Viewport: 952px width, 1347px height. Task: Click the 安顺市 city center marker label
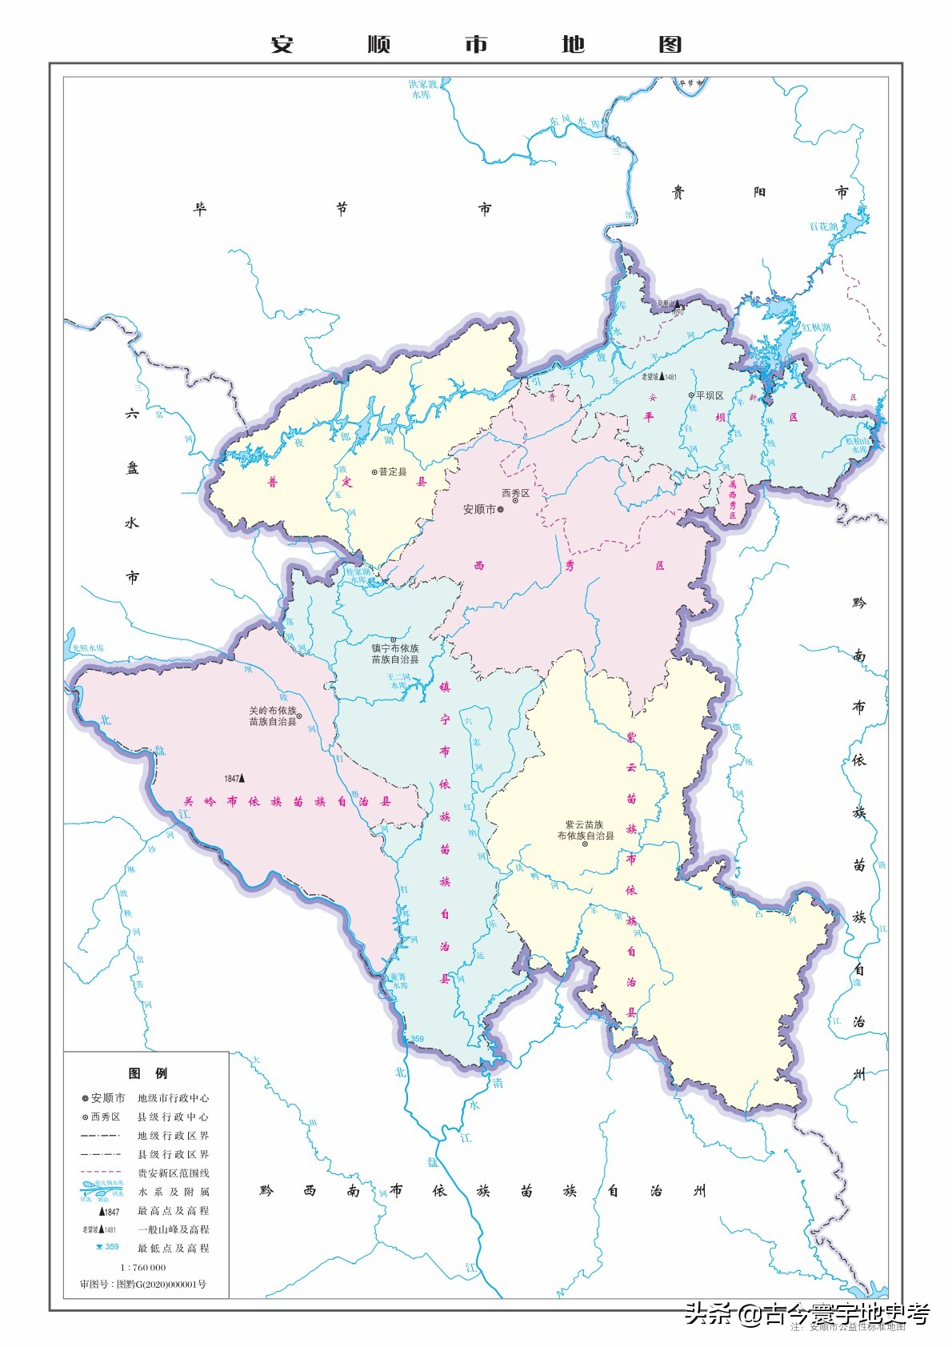[480, 510]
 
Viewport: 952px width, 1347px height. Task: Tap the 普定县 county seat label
[392, 472]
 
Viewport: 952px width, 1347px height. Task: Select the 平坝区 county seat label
[709, 395]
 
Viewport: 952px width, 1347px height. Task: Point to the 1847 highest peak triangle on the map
[242, 777]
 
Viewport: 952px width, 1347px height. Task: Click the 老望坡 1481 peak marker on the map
[662, 377]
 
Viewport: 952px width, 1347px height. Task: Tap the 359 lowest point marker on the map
[416, 1040]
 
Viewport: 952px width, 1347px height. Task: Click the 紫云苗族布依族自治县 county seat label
[586, 830]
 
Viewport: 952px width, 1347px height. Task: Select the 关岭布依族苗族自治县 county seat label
[273, 716]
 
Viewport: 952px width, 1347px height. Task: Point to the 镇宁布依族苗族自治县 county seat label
[394, 654]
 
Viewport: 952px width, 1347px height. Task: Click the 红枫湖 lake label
[816, 327]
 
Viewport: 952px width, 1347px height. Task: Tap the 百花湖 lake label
[822, 227]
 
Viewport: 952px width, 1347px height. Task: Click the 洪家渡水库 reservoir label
[423, 89]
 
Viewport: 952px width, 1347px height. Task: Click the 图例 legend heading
[147, 1072]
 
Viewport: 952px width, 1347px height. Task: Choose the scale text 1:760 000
[143, 1267]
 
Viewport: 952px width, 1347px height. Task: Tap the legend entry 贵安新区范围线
[173, 1173]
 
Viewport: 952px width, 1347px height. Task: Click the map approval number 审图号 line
[142, 1284]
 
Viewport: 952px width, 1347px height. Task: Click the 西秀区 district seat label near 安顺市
[515, 493]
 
